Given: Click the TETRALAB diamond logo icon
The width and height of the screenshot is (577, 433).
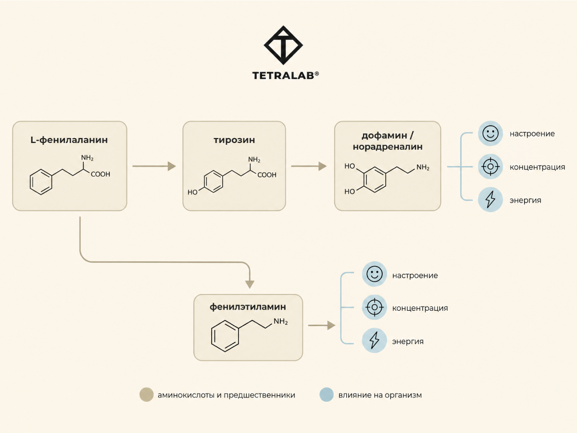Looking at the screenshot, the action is [x=283, y=45].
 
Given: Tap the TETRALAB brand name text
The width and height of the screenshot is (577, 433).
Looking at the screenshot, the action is [x=286, y=76].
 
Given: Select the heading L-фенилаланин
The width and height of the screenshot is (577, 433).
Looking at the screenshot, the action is [x=69, y=140].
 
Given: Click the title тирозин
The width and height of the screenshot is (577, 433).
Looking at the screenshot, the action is [x=234, y=140].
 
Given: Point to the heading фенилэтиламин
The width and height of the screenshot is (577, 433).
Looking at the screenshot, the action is [x=248, y=307].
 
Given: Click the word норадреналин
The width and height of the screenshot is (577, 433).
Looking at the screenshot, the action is [x=388, y=147].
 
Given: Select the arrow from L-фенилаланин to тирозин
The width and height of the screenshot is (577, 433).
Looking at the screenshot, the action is [x=154, y=166].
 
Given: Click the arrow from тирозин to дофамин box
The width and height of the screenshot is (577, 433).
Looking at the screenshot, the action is [x=309, y=166].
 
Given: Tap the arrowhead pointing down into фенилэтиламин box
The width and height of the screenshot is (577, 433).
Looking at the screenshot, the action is [x=250, y=284].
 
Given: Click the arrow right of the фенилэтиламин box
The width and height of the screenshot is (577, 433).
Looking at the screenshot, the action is [x=322, y=326].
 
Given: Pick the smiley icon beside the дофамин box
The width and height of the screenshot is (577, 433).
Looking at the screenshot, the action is [x=490, y=134].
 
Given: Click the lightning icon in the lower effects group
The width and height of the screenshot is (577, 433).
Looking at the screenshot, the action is [x=374, y=341].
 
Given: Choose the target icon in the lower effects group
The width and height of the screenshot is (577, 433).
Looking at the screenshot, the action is [x=374, y=307].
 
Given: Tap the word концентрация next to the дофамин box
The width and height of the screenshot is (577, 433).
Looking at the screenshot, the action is [x=537, y=167].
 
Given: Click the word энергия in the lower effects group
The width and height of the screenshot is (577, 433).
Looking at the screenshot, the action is [x=408, y=342].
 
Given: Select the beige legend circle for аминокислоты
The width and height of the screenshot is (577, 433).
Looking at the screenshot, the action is [x=147, y=395].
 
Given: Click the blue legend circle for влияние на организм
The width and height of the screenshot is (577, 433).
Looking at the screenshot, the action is [x=326, y=395].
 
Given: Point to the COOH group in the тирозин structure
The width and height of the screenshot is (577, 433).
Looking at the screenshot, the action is [x=267, y=175].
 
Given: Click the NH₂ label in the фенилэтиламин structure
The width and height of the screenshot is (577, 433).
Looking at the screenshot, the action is [x=280, y=321].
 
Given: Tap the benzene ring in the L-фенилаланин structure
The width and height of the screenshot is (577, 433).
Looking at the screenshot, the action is [x=41, y=182].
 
